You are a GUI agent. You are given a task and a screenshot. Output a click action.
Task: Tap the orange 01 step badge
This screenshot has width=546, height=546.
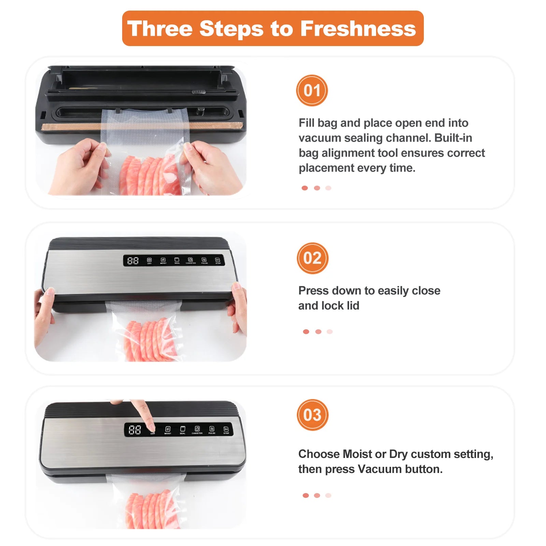coord(312,90)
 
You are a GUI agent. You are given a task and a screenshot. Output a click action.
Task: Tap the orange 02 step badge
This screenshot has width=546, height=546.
coord(312,258)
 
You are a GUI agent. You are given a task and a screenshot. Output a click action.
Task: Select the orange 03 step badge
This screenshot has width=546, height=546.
coord(312,415)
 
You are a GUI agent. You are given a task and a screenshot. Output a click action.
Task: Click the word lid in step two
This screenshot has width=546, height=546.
coord(353,305)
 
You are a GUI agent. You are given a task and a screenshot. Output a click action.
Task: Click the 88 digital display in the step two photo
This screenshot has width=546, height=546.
coord(133,261)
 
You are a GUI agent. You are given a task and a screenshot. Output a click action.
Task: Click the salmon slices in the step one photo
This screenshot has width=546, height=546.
coord(150,176)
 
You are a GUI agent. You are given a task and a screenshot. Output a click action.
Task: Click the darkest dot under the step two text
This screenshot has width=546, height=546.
coord(306,332)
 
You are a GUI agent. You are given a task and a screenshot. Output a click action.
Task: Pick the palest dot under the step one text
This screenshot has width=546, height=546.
coord(328,188)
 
